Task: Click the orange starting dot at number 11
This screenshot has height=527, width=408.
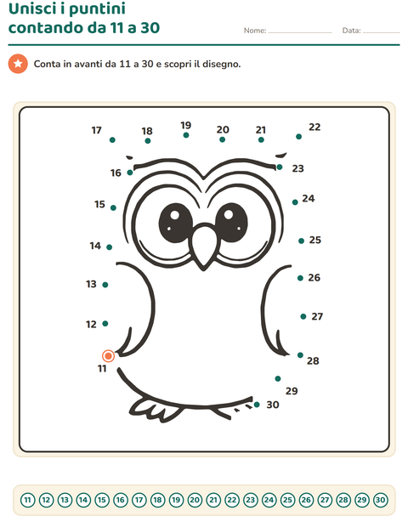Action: click(108, 355)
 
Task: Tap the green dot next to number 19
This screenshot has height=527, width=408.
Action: click(186, 135)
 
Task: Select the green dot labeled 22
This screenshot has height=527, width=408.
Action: click(298, 137)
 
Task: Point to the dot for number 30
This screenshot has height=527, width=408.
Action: click(257, 405)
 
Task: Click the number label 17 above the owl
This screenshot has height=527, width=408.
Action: click(96, 130)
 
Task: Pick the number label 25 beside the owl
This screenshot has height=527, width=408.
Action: click(314, 240)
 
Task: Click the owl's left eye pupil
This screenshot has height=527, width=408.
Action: click(175, 223)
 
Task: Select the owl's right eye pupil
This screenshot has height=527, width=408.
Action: click(231, 222)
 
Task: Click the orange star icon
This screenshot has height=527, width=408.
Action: click(18, 64)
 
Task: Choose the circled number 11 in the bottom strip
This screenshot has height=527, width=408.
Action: click(28, 500)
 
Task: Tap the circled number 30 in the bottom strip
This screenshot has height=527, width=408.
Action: click(380, 500)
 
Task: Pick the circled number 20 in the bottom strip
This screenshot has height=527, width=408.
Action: click(195, 500)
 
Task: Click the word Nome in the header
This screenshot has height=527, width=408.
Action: click(255, 31)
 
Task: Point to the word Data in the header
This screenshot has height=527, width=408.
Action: click(352, 31)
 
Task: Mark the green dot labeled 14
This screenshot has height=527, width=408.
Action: click(110, 247)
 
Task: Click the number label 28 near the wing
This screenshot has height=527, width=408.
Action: click(313, 360)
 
